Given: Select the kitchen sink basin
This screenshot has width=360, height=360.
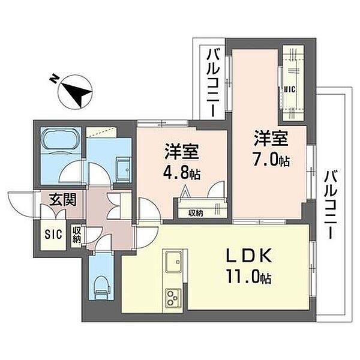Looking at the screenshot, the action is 174,262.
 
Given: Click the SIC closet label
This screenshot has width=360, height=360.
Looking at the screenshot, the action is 53,234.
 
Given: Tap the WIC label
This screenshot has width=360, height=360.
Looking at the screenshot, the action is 290,89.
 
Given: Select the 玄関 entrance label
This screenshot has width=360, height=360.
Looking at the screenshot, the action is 63,200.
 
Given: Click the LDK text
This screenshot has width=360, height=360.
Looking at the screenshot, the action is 250,256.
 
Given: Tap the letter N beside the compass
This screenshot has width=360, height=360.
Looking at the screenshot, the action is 54,79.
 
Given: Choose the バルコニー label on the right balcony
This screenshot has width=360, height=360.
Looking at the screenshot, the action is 330,205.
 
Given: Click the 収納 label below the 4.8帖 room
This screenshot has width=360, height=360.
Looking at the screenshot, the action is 196,213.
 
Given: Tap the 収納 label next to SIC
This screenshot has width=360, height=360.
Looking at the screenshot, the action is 76,235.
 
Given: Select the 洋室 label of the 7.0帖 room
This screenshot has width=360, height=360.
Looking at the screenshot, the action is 271,138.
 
